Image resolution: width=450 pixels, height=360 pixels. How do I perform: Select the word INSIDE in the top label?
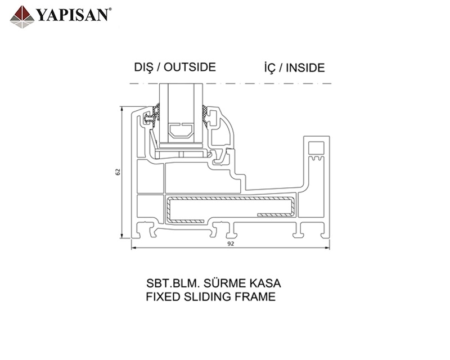[x=305, y=68]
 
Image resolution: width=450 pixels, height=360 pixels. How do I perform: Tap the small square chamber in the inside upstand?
[x=317, y=147]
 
